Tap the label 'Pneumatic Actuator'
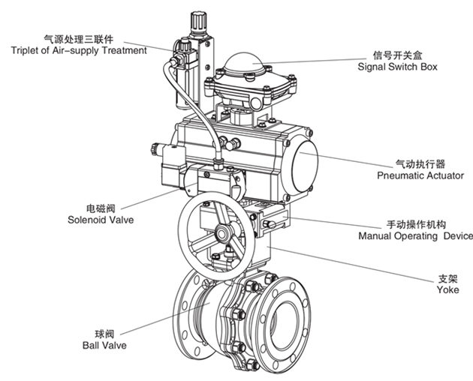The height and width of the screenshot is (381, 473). tap(420, 175)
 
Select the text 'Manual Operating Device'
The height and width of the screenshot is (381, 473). tap(415, 236)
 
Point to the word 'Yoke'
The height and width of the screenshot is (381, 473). tap(447, 289)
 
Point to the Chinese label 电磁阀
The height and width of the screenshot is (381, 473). tap(99, 207)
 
